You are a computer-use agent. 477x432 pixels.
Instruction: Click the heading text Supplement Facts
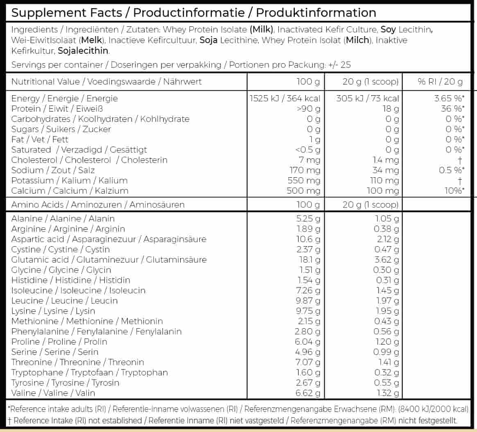[x=67, y=13]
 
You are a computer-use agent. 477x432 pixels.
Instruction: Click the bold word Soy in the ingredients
[x=389, y=30]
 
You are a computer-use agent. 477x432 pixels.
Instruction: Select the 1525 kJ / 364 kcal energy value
[x=285, y=98]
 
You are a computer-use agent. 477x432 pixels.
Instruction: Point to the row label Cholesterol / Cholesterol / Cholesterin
[x=89, y=160]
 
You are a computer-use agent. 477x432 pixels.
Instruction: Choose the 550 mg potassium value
[x=303, y=181]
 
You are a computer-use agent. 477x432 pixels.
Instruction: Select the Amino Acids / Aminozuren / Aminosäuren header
[x=98, y=205]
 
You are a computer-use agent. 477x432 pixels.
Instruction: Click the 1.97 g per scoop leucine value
[x=387, y=301]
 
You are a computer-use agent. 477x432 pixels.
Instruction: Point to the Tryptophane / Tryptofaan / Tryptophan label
[x=89, y=373]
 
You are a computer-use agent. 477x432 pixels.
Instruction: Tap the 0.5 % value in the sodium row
[x=452, y=170]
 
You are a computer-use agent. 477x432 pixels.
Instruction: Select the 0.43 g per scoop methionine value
[x=387, y=321]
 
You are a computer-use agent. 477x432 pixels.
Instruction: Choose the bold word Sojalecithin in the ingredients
[x=84, y=51]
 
